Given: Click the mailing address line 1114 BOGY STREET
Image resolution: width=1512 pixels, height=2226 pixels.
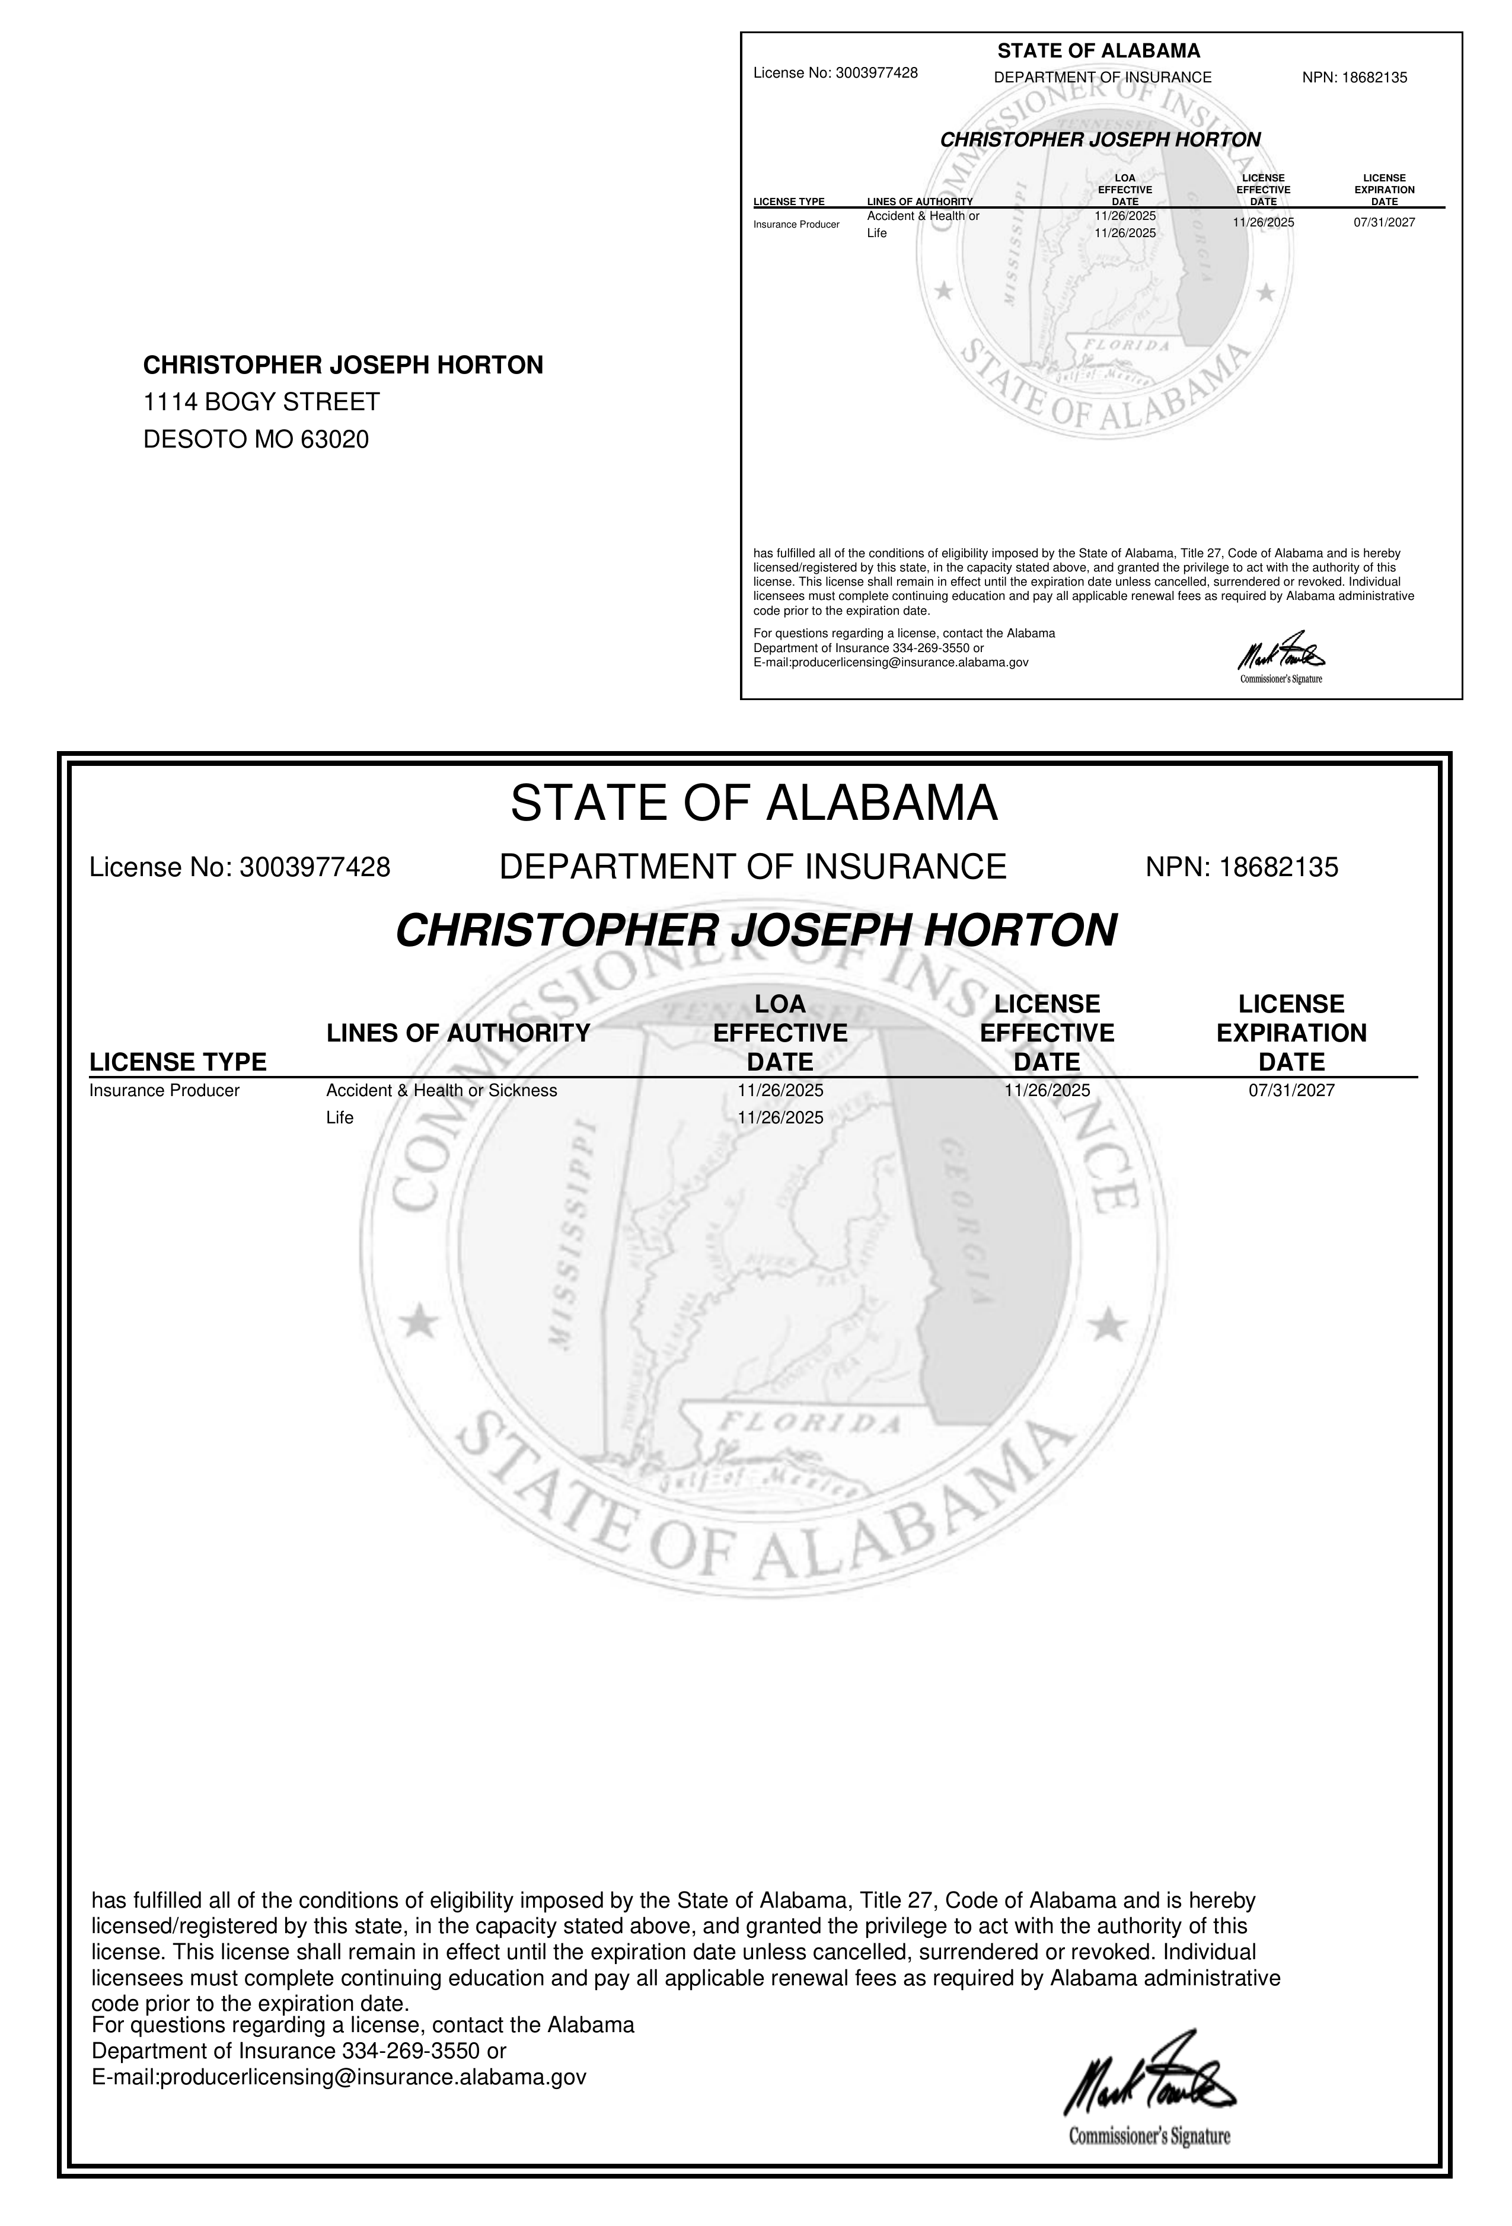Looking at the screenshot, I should pyautogui.click(x=261, y=403).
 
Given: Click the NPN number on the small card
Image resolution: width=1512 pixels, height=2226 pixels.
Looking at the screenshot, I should pyautogui.click(x=1373, y=78).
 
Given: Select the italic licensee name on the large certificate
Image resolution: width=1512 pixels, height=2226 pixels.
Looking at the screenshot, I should pyautogui.click(x=756, y=930).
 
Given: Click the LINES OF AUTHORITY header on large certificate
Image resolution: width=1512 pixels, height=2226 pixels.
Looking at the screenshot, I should pyautogui.click(x=458, y=1033).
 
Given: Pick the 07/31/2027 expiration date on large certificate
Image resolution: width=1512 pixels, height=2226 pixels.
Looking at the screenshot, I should pyautogui.click(x=1291, y=1090).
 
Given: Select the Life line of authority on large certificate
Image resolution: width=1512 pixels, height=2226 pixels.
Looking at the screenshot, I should pyautogui.click(x=339, y=1118).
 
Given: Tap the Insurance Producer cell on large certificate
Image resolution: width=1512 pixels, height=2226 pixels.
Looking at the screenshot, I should pyautogui.click(x=164, y=1090).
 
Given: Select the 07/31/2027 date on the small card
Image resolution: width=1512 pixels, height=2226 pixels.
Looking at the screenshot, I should pyautogui.click(x=1383, y=222).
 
